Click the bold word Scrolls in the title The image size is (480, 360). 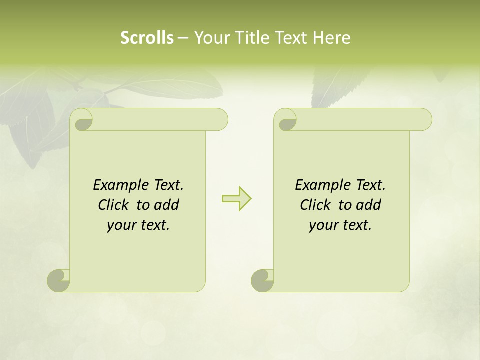pos(147,38)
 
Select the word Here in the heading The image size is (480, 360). pos(331,38)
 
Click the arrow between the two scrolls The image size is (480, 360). pos(236,198)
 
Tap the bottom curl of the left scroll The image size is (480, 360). pos(58,280)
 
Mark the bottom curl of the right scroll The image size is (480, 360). pos(262,280)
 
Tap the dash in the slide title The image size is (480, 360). pos(183,38)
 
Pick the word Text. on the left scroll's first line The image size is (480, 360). pos(168,185)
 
